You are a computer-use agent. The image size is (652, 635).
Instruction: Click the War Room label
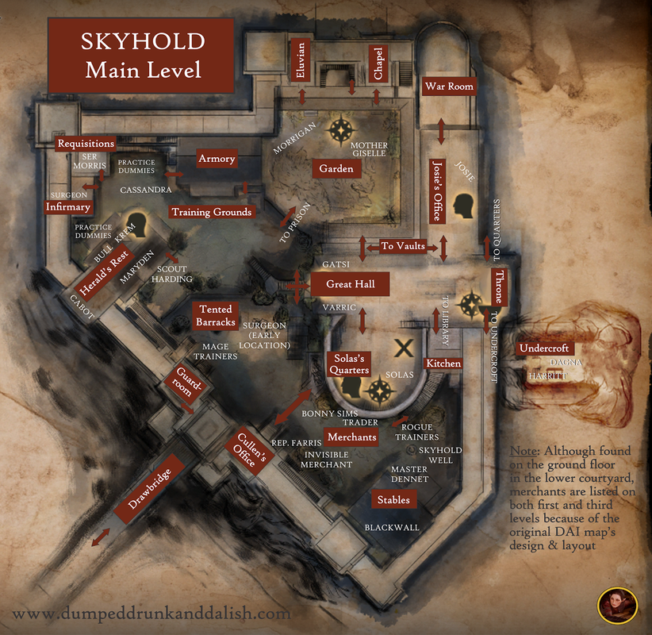449,86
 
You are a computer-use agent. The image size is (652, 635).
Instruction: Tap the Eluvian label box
301,60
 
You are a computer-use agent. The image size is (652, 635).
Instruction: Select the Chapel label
378,63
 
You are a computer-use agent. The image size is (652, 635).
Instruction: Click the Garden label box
336,169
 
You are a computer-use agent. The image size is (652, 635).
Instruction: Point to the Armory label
217,159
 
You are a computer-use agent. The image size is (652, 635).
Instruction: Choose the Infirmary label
68,207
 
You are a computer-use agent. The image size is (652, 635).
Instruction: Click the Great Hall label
350,283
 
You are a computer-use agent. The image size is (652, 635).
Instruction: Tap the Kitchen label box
443,363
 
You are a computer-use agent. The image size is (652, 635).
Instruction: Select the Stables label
393,499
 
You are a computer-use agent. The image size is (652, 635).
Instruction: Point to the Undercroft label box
544,348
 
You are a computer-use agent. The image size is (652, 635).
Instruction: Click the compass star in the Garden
343,129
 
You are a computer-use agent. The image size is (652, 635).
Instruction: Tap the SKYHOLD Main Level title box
143,56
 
